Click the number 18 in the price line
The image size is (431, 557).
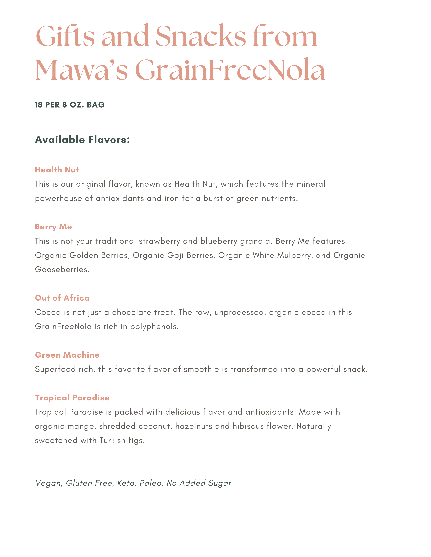pos(39,105)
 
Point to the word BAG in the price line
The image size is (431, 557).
pos(96,105)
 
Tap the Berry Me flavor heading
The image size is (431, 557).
pos(53,227)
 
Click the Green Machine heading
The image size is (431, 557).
pos(67,355)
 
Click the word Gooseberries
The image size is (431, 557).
pos(62,270)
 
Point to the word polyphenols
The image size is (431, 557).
pos(154,327)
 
